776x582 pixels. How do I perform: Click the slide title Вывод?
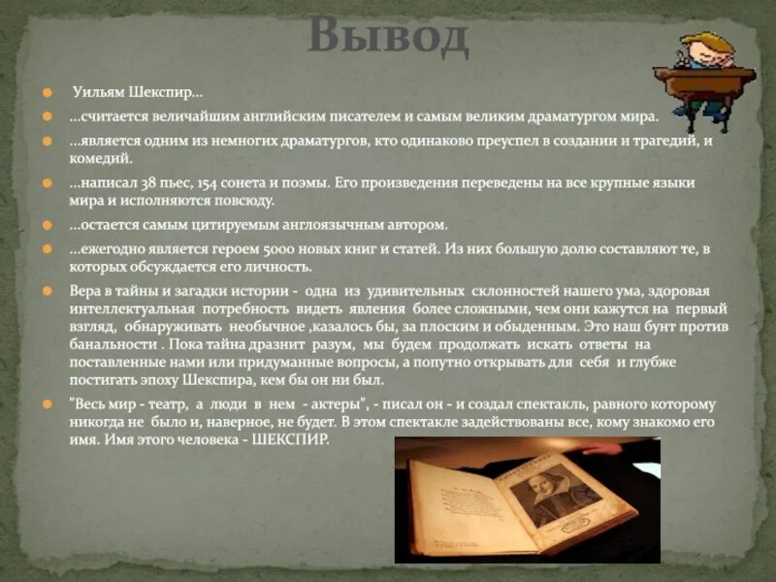388,37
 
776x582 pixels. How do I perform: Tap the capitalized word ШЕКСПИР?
290,439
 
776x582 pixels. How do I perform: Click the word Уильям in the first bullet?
97,93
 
